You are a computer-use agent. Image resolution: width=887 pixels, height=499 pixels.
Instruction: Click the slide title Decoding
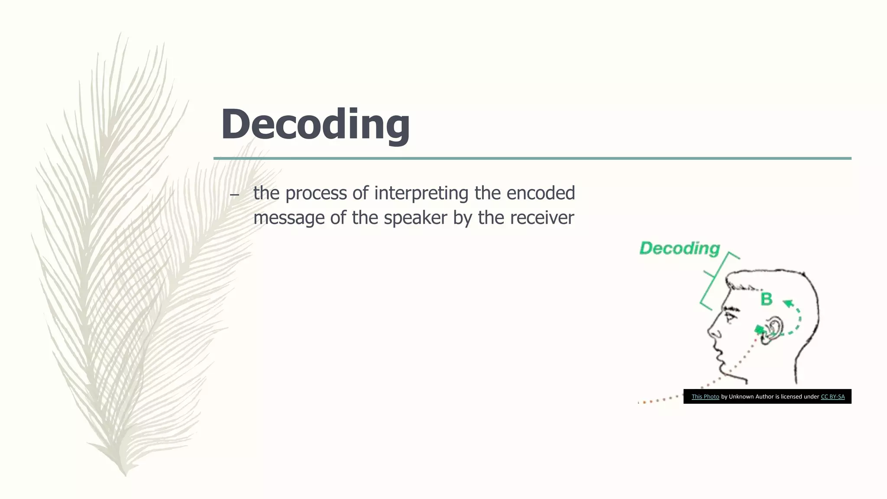click(315, 124)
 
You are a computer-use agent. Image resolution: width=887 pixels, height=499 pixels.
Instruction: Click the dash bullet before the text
click(234, 195)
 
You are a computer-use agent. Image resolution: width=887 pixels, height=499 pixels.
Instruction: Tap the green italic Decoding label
click(679, 248)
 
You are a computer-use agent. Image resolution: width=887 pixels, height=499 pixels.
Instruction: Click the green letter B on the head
click(766, 299)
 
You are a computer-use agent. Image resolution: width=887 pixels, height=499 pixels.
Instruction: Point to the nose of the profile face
click(713, 333)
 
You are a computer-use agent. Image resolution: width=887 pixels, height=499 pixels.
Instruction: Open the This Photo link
click(705, 396)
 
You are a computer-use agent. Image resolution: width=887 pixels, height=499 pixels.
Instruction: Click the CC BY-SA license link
click(832, 396)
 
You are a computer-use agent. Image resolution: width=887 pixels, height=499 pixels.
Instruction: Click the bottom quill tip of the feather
click(125, 474)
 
